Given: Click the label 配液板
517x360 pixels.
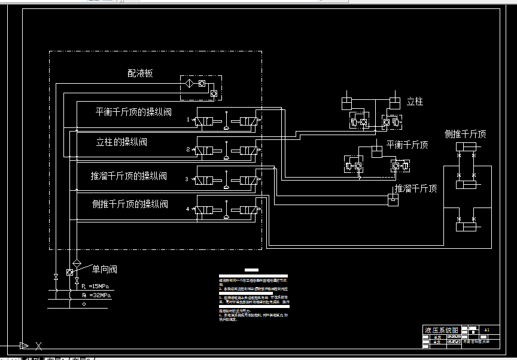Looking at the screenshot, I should coord(140,73).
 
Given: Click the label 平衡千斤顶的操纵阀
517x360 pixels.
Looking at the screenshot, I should coord(133,111).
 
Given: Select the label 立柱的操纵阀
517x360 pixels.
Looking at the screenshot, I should coord(121,142).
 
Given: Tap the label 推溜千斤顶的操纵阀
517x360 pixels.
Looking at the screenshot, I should coord(129,176).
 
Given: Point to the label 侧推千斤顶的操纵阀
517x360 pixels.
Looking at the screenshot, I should coord(130,204).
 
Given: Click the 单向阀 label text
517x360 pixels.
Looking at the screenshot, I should coord(105,269).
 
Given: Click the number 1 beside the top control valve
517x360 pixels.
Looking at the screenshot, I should coord(188,120).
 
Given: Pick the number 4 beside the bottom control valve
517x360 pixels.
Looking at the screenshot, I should coord(188,209).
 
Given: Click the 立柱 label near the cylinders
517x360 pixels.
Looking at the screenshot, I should coord(415,102).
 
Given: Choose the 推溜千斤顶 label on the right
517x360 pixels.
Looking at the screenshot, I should coord(415,188).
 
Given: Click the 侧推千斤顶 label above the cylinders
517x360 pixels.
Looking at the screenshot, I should coord(465,134).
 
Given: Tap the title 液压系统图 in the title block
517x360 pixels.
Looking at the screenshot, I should coord(442,330).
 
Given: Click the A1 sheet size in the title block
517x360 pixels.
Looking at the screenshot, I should coord(486,330).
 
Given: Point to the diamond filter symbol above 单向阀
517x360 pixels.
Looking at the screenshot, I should coord(77,263).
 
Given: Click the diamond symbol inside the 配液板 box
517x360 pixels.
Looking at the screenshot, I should coord(188,83).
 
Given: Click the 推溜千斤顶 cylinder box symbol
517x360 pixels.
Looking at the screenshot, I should coord(393,200).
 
